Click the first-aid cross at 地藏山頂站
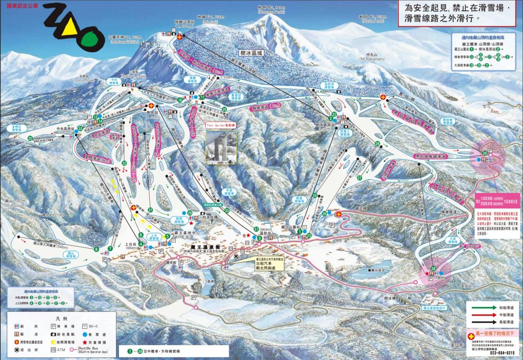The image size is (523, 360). (x=179, y=37)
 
